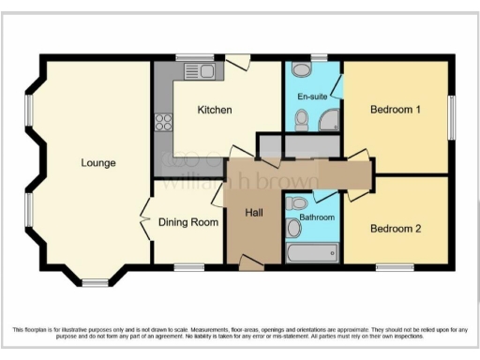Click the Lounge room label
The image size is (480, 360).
pyautogui.click(x=98, y=163)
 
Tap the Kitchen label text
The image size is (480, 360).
pyautogui.click(x=215, y=111)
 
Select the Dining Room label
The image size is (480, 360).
pyautogui.click(x=189, y=222)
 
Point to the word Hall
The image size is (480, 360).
pyautogui.click(x=254, y=213)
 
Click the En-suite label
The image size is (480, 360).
pyautogui.click(x=312, y=97)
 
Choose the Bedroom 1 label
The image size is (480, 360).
pyautogui.click(x=395, y=111)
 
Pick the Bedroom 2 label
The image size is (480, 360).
pyautogui.click(x=395, y=228)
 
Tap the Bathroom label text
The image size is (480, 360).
pyautogui.click(x=316, y=217)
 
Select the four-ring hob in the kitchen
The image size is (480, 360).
pyautogui.click(x=163, y=122)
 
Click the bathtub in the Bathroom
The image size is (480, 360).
pyautogui.click(x=312, y=252)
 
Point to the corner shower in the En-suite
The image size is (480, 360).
pyautogui.click(x=329, y=120)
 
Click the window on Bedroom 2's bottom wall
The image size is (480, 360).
pyautogui.click(x=395, y=268)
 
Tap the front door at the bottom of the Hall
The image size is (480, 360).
pyautogui.click(x=250, y=265)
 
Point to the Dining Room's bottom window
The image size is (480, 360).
pyautogui.click(x=189, y=268)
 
